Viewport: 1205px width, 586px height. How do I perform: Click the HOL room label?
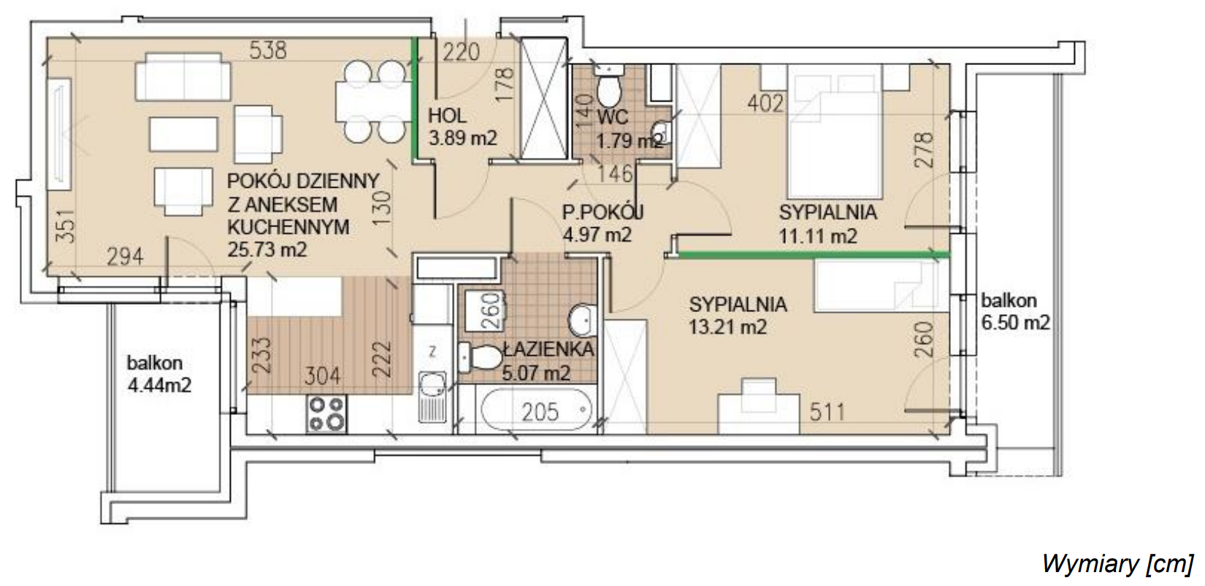click(447, 115)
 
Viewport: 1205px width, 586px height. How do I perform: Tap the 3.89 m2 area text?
click(462, 138)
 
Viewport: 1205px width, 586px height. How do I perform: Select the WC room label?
click(613, 116)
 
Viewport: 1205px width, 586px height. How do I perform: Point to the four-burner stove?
click(326, 414)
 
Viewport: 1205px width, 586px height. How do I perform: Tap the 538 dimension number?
click(268, 50)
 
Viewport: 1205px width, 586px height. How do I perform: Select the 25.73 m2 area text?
click(267, 250)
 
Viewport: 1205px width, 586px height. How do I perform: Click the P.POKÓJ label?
click(602, 213)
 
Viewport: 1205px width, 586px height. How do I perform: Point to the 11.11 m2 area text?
click(818, 236)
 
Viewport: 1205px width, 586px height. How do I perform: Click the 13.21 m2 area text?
click(728, 327)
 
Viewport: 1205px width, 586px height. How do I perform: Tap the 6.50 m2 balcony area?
click(1016, 323)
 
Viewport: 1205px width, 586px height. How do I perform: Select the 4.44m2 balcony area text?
click(159, 385)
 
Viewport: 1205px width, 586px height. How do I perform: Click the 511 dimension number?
click(827, 413)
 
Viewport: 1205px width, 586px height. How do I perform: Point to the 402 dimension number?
click(766, 104)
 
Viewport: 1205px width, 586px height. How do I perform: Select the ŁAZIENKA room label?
click(548, 349)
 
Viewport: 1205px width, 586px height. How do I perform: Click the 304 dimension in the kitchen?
click(322, 376)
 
